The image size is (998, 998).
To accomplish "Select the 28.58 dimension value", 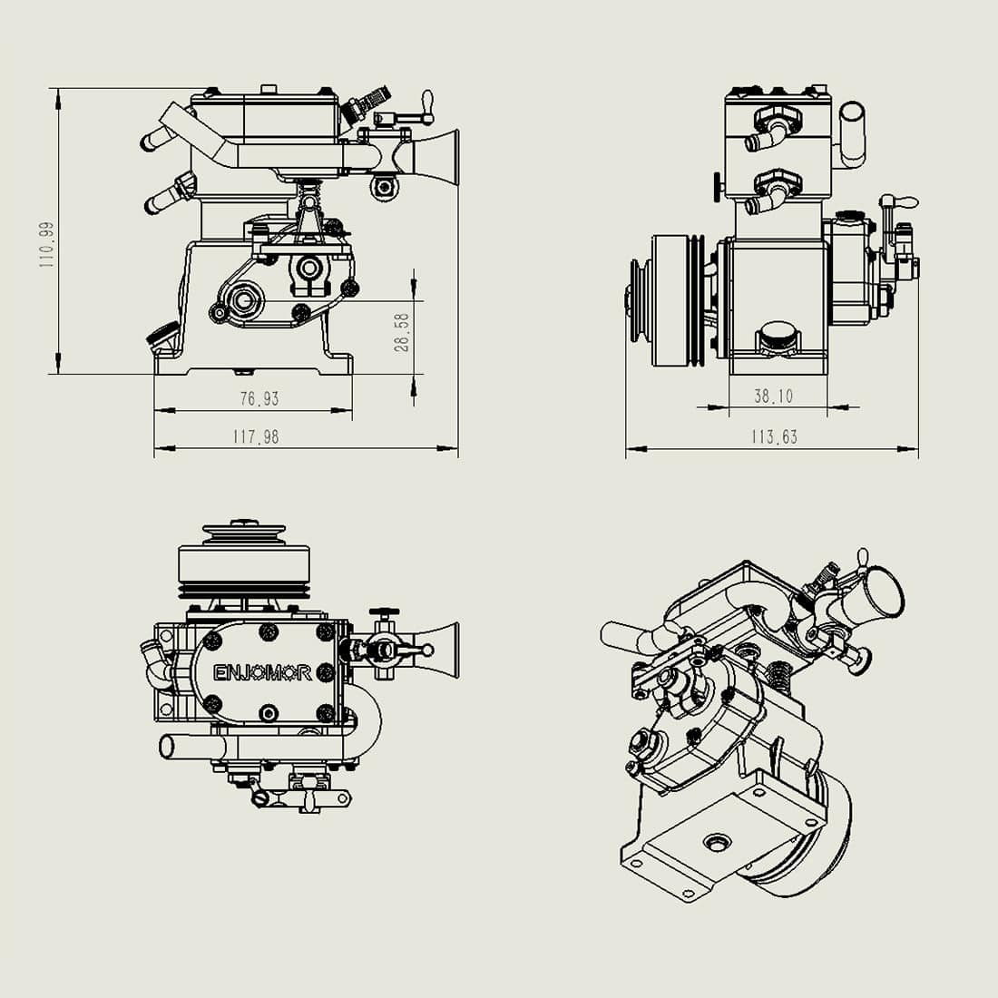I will click(x=403, y=332).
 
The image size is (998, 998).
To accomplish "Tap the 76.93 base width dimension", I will click(x=259, y=398).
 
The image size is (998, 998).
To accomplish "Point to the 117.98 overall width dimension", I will click(x=256, y=436).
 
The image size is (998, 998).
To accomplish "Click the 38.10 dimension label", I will click(x=773, y=396).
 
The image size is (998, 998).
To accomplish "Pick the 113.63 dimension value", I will click(x=773, y=436).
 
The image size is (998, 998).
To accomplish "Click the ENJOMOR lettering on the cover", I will click(x=262, y=672).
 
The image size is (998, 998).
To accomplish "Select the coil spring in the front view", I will click(x=312, y=192).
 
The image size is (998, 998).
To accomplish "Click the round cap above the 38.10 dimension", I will click(x=779, y=335).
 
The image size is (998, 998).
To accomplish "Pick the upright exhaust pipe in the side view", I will click(x=852, y=132).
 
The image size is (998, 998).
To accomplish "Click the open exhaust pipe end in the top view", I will click(x=166, y=747).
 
